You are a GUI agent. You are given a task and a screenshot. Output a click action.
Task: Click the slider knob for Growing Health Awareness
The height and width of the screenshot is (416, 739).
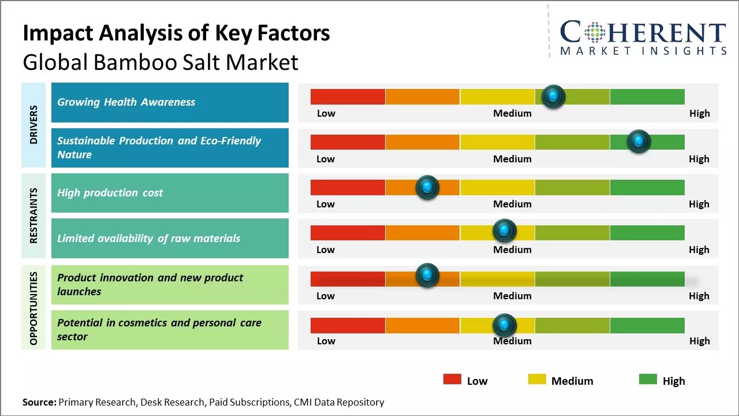pyautogui.click(x=554, y=96)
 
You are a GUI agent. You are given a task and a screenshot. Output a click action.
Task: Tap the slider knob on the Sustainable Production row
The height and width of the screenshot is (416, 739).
pyautogui.click(x=639, y=142)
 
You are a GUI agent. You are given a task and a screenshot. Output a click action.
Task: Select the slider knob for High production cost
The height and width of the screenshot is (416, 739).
pyautogui.click(x=427, y=187)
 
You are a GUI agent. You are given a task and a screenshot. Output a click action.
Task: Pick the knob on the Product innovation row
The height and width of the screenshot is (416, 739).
pyautogui.click(x=427, y=276)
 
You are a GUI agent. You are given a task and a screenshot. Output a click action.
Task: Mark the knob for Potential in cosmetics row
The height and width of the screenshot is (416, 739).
pyautogui.click(x=505, y=325)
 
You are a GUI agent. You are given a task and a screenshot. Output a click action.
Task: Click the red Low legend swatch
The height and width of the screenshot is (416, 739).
pyautogui.click(x=452, y=380)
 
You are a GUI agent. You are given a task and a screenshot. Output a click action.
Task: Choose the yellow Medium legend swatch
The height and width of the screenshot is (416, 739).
pyautogui.click(x=537, y=380)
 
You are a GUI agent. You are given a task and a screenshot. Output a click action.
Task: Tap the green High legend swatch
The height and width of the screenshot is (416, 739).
pyautogui.click(x=648, y=380)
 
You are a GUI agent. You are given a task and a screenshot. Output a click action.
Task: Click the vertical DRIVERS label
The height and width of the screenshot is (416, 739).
pyautogui.click(x=33, y=125)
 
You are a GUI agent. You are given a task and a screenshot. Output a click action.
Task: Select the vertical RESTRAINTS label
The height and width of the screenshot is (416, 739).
pyautogui.click(x=33, y=216)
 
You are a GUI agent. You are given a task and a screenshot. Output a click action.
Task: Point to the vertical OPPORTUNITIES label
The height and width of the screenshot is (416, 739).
pyautogui.click(x=33, y=308)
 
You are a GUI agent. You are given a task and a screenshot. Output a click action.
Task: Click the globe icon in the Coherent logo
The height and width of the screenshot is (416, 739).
pyautogui.click(x=595, y=32)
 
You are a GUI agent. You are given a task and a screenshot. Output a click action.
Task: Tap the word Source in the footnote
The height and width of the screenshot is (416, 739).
pyautogui.click(x=39, y=402)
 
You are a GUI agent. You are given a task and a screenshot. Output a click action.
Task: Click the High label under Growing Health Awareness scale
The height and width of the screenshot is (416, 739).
pyautogui.click(x=699, y=113)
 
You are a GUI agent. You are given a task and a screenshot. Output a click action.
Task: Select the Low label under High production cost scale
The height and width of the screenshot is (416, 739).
pyautogui.click(x=326, y=204)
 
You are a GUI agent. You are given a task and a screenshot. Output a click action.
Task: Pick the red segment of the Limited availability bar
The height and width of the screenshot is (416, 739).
pyautogui.click(x=348, y=232)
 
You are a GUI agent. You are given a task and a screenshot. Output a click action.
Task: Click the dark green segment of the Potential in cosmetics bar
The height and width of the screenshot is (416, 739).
pyautogui.click(x=647, y=325)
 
